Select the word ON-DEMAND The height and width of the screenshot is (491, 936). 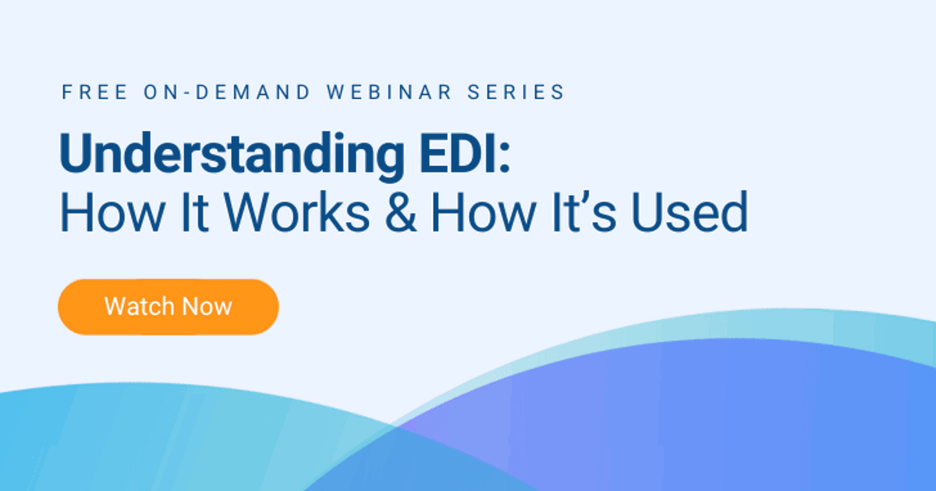(x=226, y=92)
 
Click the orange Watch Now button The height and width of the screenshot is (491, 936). (x=168, y=306)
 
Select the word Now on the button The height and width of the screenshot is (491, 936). (x=207, y=306)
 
